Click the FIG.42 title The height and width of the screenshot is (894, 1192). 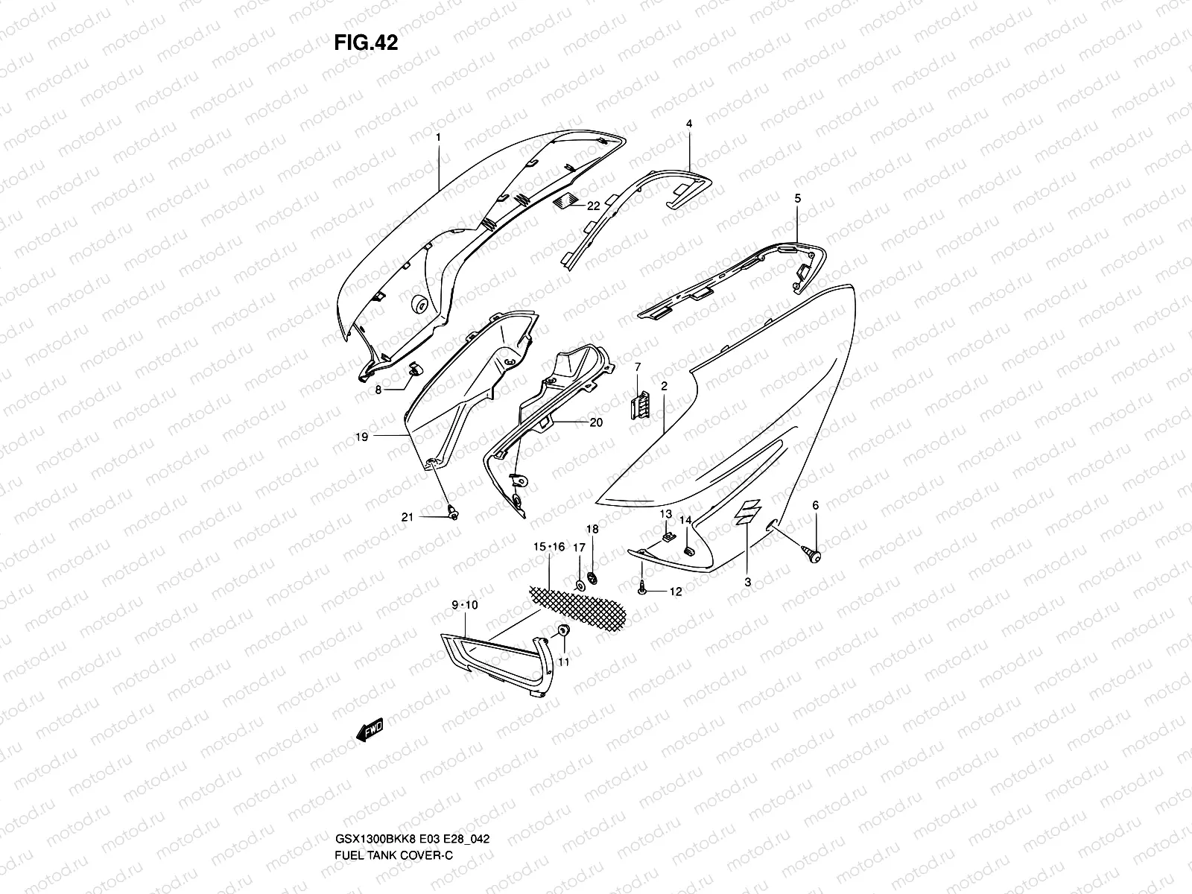366,43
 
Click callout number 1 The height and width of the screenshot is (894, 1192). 439,137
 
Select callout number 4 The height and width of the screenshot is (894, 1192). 689,124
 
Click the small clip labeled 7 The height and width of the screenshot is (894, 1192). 639,402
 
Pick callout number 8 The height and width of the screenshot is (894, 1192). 378,389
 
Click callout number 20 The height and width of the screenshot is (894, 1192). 596,422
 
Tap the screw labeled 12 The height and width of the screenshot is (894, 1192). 641,588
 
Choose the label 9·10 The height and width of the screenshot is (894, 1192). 464,605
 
